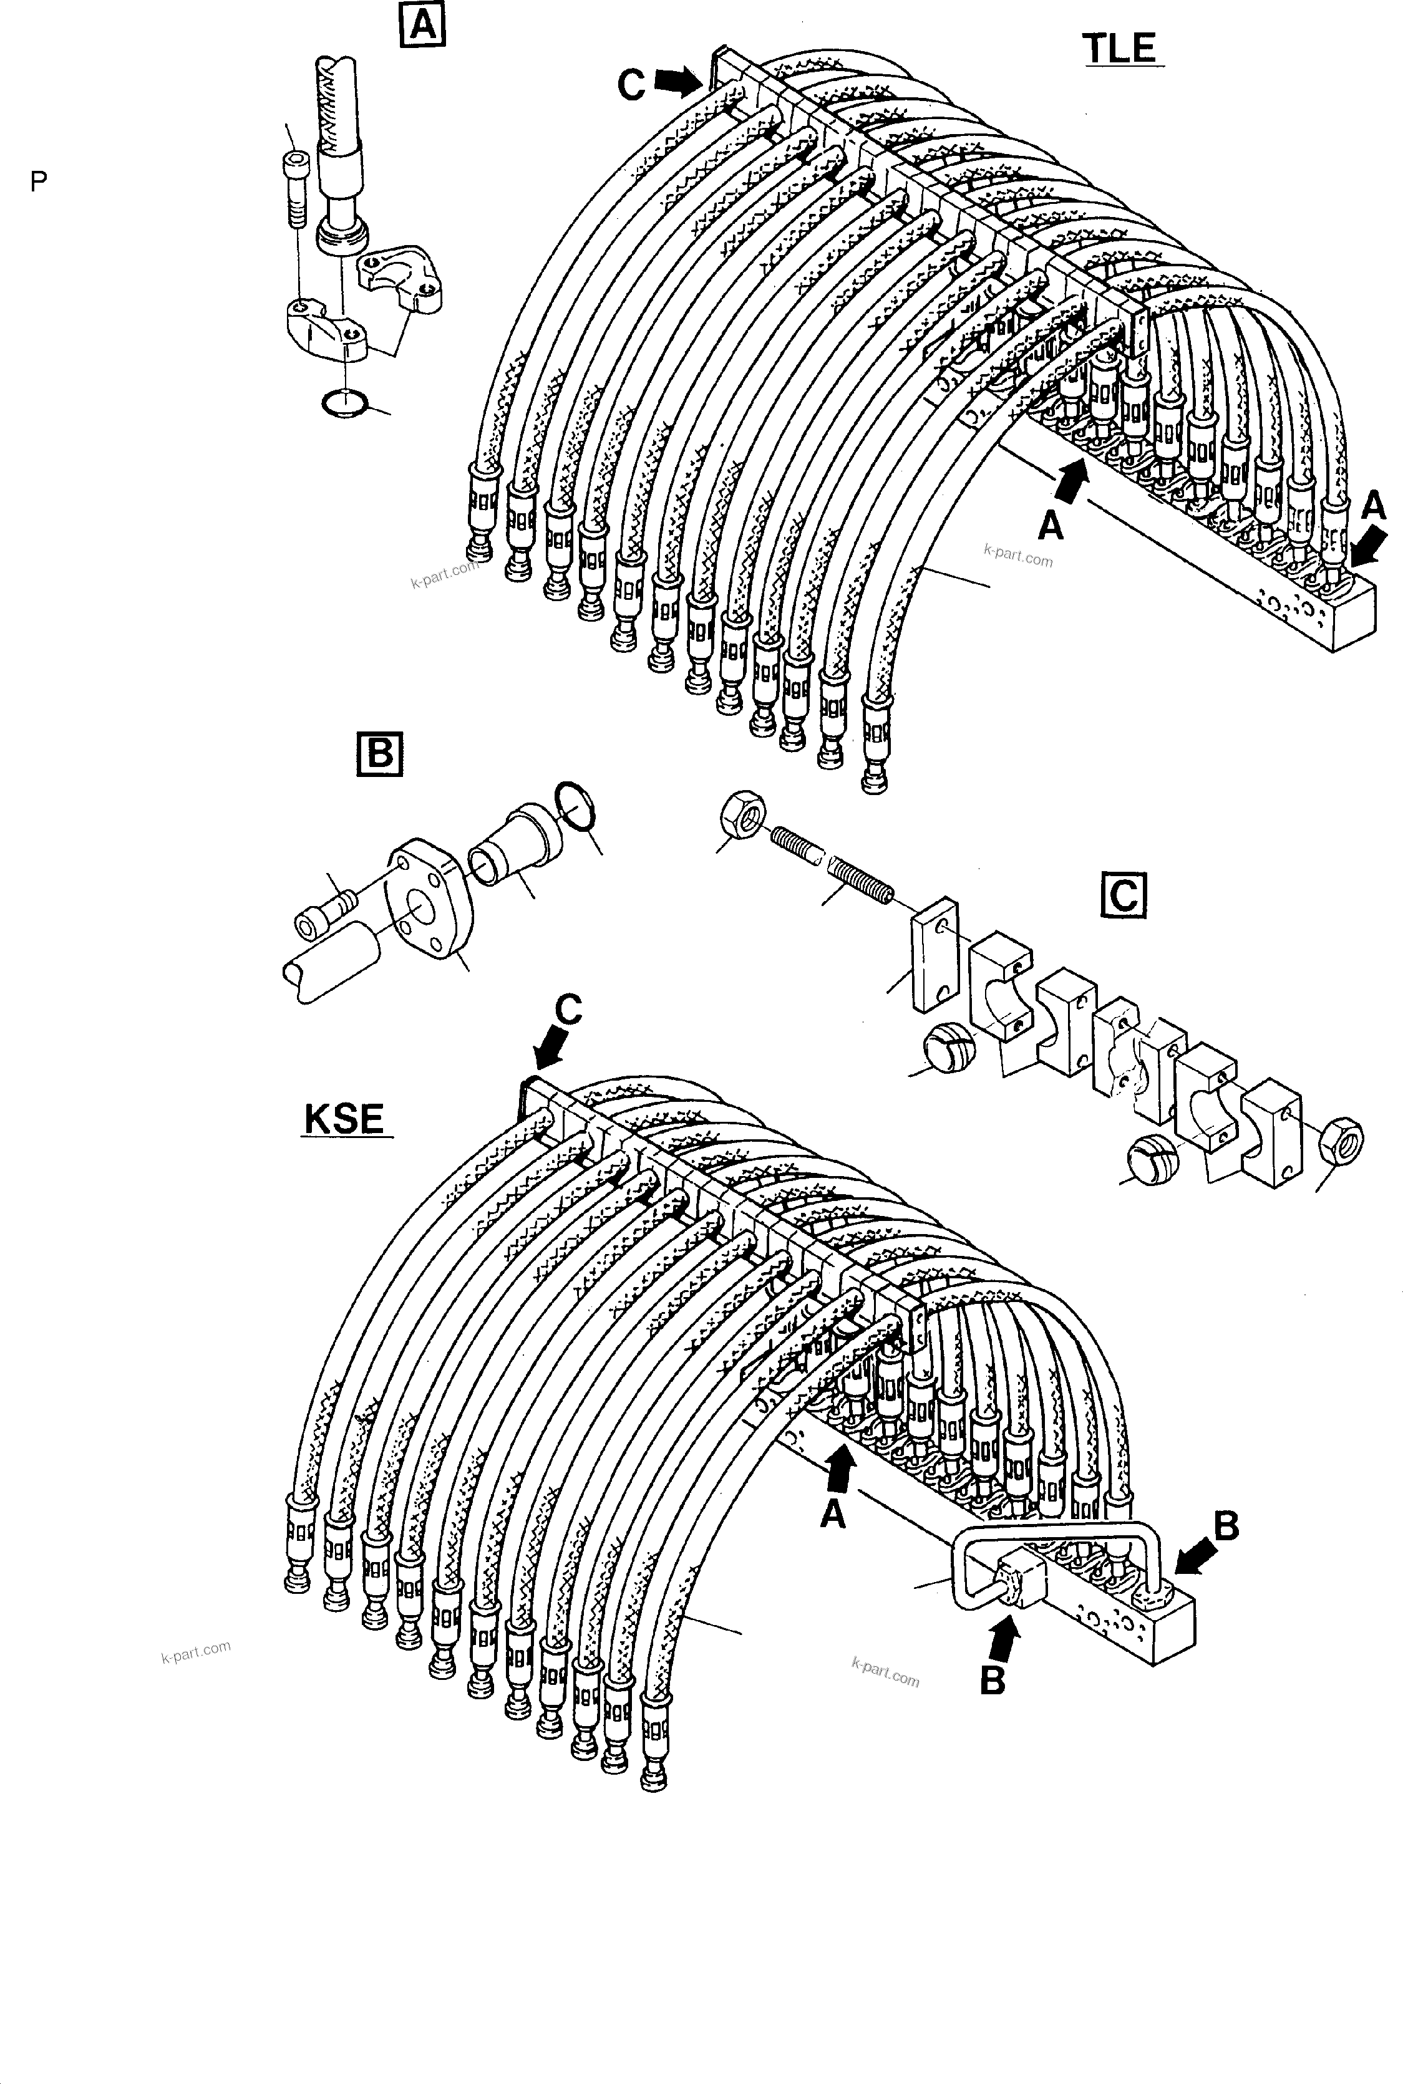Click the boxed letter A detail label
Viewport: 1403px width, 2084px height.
pos(422,24)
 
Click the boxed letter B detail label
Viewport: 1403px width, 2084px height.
pos(379,754)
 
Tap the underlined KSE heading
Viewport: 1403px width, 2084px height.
pos(344,1119)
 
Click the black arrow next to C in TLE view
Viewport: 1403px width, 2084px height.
pos(677,82)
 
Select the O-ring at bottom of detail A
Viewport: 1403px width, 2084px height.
pos(344,403)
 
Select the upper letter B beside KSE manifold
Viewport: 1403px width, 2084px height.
pos(1226,1526)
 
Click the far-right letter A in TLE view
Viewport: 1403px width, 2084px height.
pos(1372,507)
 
